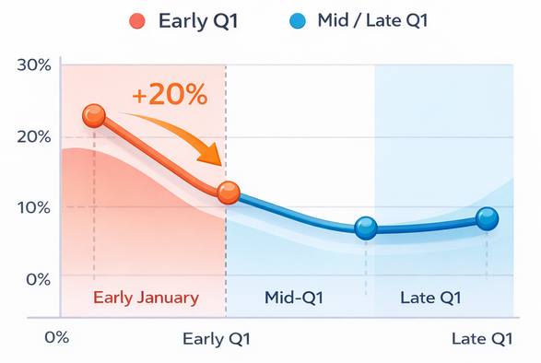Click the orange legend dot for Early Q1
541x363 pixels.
(138, 20)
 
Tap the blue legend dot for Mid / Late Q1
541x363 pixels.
(298, 20)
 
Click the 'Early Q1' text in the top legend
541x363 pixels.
(198, 20)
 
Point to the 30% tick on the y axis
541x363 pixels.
(33, 65)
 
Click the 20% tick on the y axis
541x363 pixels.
(33, 136)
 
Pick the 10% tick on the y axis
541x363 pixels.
(33, 206)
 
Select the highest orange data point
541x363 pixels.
(94, 115)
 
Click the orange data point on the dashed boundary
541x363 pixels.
(228, 193)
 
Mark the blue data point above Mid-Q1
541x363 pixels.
(366, 228)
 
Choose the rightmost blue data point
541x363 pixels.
(487, 218)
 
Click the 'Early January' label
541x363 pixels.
(146, 298)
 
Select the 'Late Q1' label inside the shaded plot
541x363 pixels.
(431, 298)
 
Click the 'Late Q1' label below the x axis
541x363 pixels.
(481, 338)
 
